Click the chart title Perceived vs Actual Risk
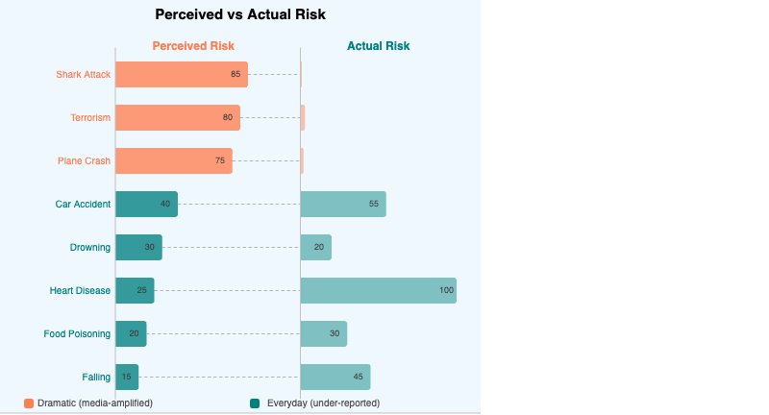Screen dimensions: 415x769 (240, 15)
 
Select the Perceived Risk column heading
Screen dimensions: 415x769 (193, 46)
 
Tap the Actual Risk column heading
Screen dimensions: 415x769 (378, 46)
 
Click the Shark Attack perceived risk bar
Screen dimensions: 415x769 (181, 74)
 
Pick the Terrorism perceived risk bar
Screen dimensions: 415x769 (177, 117)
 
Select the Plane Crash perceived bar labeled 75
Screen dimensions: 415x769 (173, 160)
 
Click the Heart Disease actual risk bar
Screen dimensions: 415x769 (378, 290)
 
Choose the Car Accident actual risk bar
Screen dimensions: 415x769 (343, 204)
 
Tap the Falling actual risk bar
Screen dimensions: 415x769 (335, 377)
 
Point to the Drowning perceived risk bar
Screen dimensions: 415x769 (138, 247)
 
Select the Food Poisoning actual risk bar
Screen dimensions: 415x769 (324, 333)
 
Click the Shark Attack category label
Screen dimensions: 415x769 (84, 74)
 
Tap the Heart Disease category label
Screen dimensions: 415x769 (80, 290)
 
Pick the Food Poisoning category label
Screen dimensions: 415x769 (77, 333)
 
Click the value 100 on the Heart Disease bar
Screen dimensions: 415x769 (446, 290)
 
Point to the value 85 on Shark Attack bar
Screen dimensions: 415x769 (236, 74)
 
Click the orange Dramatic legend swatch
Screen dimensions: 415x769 (29, 403)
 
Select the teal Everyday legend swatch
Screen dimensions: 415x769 (255, 403)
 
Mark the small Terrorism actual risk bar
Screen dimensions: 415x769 (303, 117)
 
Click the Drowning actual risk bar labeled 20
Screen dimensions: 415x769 (316, 247)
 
